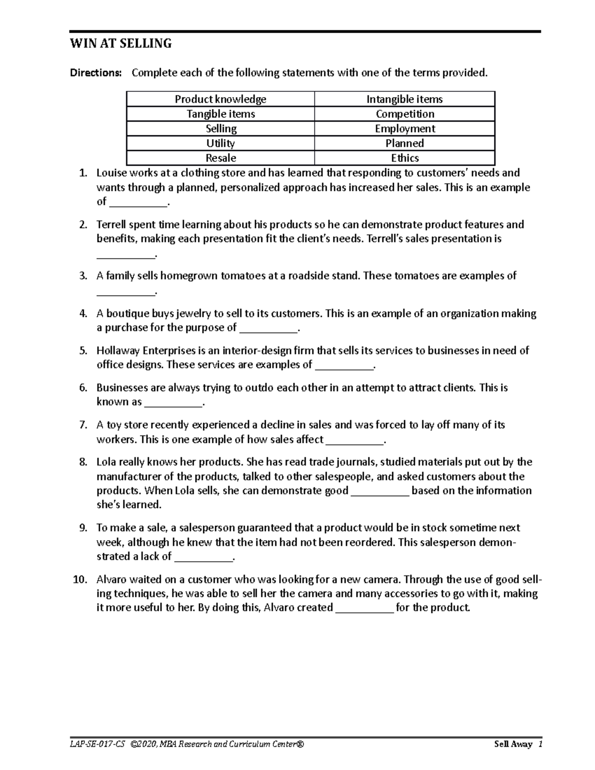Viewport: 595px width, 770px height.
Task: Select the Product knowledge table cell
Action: tap(220, 99)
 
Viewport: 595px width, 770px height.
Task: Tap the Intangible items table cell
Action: tap(405, 99)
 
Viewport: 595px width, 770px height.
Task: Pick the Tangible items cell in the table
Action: tap(220, 114)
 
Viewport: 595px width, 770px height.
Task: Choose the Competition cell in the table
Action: tap(405, 114)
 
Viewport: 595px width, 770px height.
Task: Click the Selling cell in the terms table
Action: tap(221, 129)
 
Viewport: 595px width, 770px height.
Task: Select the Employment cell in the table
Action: tap(405, 129)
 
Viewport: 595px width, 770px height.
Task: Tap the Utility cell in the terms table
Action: tap(221, 143)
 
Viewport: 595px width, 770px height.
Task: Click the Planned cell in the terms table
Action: tap(405, 143)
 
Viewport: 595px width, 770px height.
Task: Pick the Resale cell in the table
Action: tap(221, 158)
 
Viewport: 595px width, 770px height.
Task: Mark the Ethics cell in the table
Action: tap(405, 158)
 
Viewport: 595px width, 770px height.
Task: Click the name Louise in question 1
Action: tap(111, 173)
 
